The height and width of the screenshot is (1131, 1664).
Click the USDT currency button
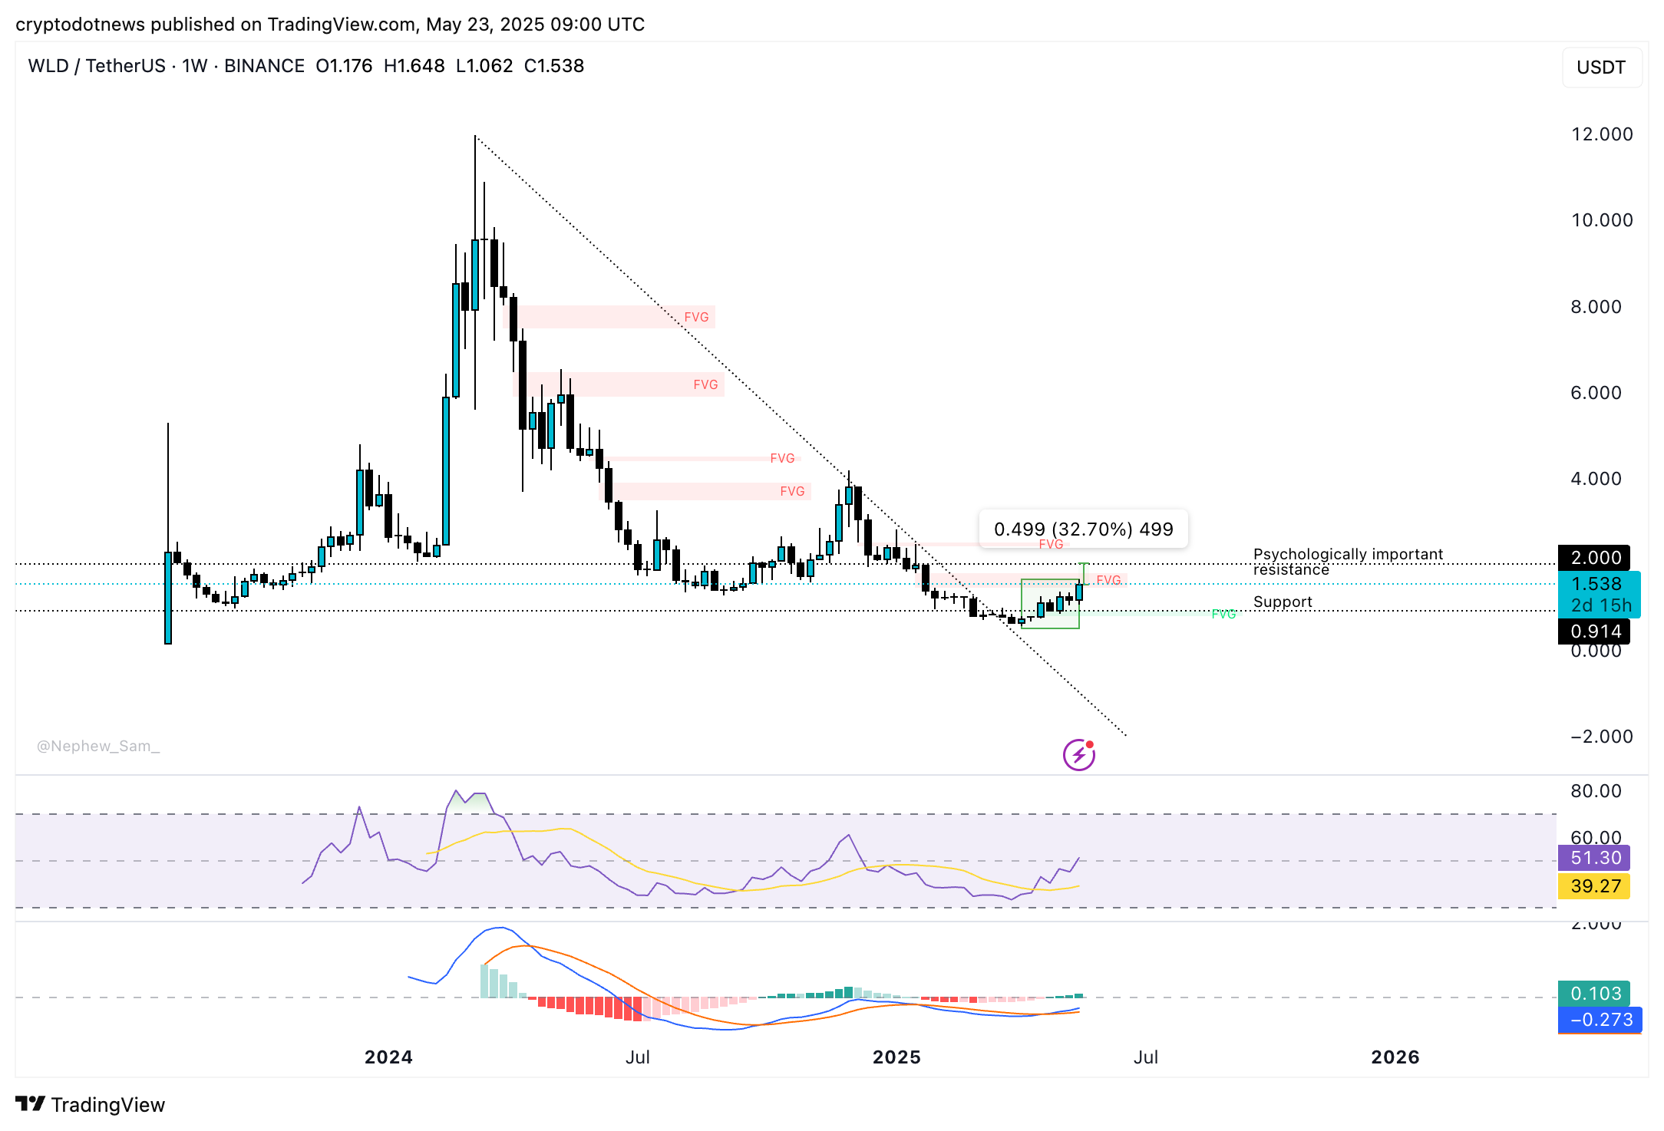click(x=1601, y=68)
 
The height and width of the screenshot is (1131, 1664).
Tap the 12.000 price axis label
click(x=1602, y=134)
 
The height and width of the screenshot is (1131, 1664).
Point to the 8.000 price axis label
click(x=1596, y=307)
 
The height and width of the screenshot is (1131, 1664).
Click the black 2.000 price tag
click(x=1595, y=558)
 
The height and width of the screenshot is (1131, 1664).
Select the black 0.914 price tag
click(x=1595, y=631)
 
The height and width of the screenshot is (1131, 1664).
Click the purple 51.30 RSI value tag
click(x=1595, y=858)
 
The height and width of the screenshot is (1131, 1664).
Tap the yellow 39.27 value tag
click(x=1595, y=886)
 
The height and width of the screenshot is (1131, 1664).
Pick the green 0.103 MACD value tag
click(x=1595, y=994)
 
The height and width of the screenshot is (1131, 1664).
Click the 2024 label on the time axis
click(x=388, y=1057)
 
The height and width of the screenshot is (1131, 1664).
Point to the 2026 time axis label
click(x=1395, y=1057)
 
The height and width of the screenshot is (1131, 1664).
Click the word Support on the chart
click(x=1283, y=602)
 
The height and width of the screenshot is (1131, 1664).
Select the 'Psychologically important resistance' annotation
click(x=1347, y=562)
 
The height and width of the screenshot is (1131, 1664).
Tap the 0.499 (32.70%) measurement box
click(x=1083, y=529)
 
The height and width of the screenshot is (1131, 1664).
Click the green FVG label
click(x=1223, y=614)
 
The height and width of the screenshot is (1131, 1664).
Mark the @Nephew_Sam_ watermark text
click(x=98, y=746)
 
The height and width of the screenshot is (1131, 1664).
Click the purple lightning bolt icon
click(x=1078, y=755)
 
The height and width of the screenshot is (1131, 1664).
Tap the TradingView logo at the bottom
click(x=91, y=1105)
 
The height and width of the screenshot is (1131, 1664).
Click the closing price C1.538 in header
click(x=553, y=66)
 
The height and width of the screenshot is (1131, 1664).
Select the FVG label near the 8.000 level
click(x=696, y=317)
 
